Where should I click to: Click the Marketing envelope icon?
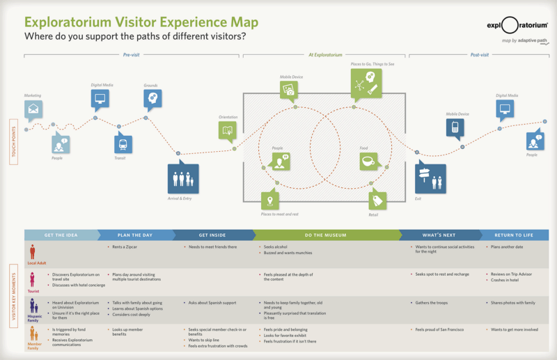(x=33, y=109)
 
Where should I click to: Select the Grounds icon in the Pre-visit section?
(x=153, y=99)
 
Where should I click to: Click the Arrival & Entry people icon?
(x=182, y=178)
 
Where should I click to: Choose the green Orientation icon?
(x=228, y=130)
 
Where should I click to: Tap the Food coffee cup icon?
(x=368, y=162)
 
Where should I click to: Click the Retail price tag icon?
(x=378, y=200)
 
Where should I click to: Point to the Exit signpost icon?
(x=430, y=178)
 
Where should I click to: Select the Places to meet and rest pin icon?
(x=271, y=201)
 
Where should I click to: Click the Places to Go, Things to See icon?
(x=366, y=87)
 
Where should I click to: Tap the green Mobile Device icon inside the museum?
(x=290, y=90)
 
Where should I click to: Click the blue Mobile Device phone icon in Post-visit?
(x=455, y=127)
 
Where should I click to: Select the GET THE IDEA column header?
(x=61, y=235)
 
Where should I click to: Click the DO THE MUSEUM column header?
(x=322, y=235)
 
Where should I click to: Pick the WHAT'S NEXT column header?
(x=440, y=235)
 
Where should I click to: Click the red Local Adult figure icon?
(x=32, y=252)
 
